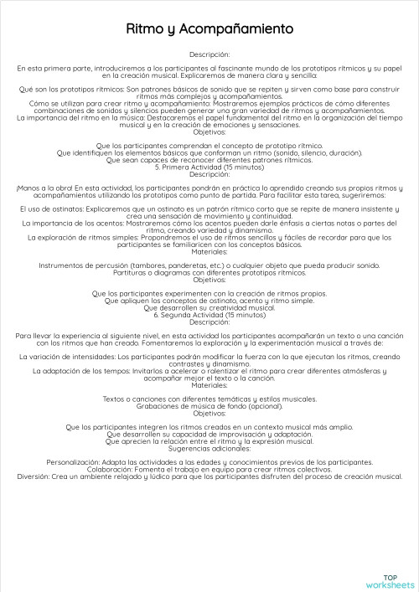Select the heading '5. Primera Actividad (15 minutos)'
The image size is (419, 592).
pos(209,167)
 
